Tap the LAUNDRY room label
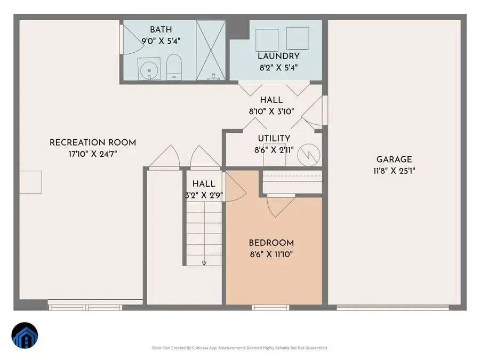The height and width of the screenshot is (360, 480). (278, 56)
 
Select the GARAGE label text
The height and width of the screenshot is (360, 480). (394, 159)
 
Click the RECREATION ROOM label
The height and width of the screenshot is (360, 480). (93, 142)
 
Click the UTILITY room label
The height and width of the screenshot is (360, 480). (274, 139)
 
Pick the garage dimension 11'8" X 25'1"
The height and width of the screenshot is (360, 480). (394, 171)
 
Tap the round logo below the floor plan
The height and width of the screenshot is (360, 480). (25, 337)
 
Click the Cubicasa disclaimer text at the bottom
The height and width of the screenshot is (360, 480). (240, 348)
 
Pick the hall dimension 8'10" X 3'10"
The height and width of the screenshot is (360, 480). (271, 112)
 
